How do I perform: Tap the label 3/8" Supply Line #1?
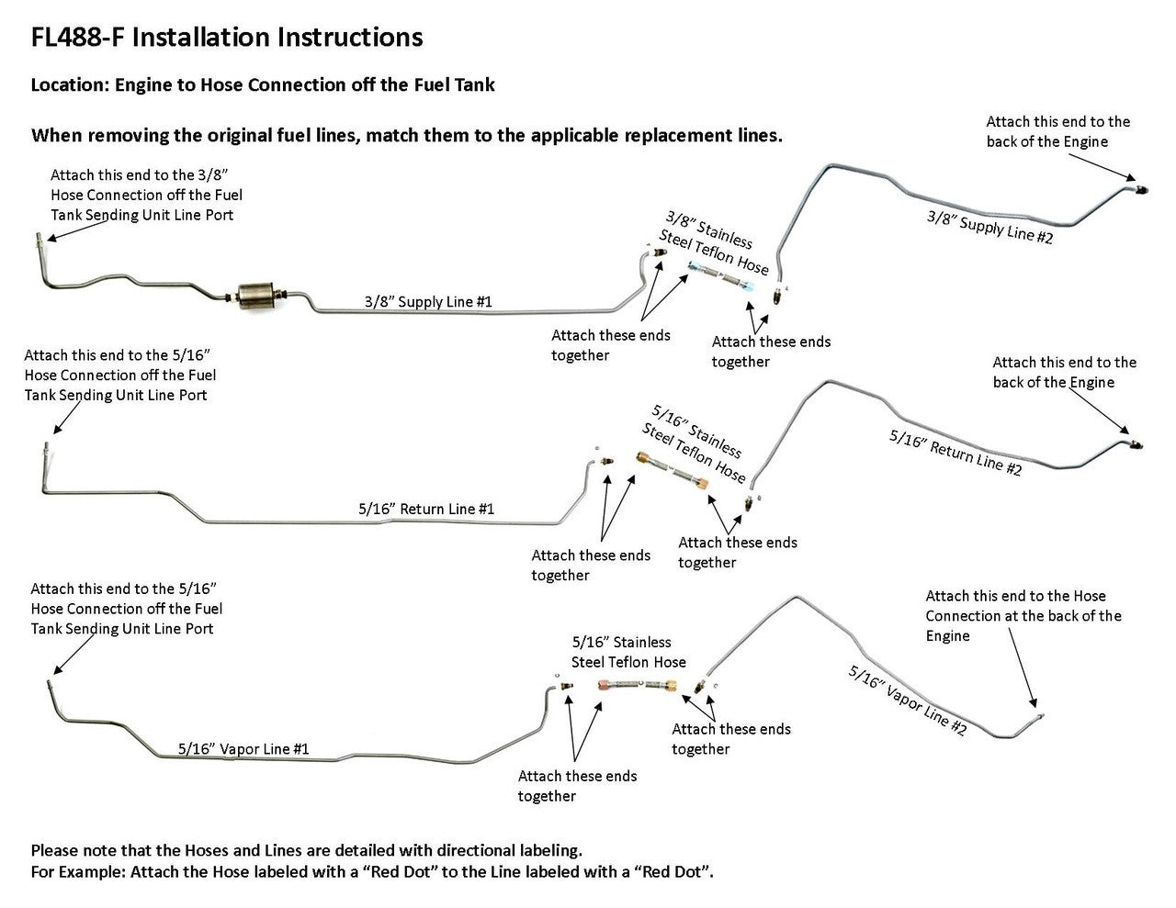428,301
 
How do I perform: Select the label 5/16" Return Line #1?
426,509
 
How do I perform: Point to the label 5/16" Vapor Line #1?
243,749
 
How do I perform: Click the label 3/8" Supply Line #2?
989,226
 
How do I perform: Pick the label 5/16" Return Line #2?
955,452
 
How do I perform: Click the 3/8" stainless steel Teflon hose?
722,275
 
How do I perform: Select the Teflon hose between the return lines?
674,467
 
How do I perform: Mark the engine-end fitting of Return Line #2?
1136,443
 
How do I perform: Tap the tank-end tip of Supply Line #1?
38,239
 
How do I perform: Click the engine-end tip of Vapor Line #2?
1040,713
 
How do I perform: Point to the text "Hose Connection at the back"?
1023,616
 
